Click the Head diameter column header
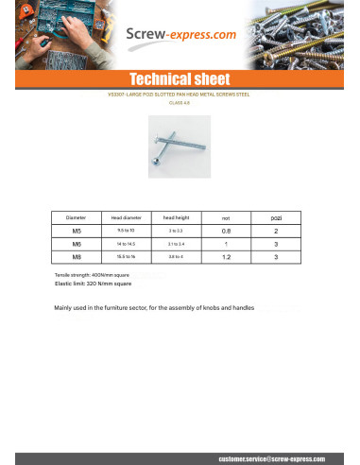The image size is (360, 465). (x=126, y=216)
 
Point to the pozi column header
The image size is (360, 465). (x=275, y=216)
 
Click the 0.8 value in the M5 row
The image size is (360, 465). (x=226, y=230)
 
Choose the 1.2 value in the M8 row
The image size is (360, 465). (x=226, y=256)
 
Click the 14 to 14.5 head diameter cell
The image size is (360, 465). (x=126, y=243)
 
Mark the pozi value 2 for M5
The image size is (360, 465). (x=275, y=230)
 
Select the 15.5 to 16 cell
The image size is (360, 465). (x=126, y=256)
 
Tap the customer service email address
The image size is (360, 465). (x=271, y=457)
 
